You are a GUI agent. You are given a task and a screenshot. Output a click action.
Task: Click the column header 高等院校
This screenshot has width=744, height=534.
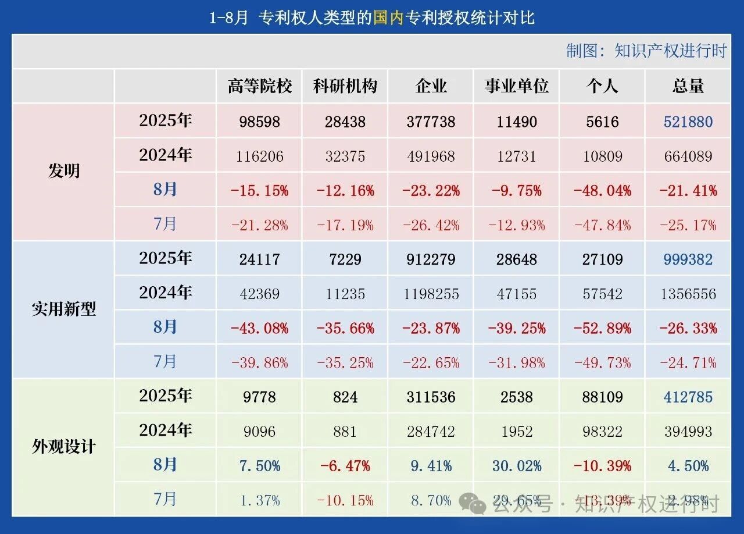pos(259,87)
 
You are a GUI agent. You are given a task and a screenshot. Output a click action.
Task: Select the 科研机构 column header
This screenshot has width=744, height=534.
pos(345,87)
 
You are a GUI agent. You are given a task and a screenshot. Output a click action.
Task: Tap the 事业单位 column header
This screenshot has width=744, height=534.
pos(517,87)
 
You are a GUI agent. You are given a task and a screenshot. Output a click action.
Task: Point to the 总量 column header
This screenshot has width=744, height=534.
pos(688,87)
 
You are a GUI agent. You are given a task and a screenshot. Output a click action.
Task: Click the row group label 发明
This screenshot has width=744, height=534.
pos(63,172)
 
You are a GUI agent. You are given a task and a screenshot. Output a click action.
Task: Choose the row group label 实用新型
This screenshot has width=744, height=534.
pos(63,309)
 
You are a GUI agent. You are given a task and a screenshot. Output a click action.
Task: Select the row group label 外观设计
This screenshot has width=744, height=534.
pos(63,447)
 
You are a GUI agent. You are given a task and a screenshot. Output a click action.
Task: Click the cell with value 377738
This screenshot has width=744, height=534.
pos(431,122)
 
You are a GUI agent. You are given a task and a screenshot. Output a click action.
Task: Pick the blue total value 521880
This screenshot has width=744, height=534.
pos(688,122)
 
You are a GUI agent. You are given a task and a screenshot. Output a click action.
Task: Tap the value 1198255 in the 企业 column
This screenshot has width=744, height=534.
pos(431,294)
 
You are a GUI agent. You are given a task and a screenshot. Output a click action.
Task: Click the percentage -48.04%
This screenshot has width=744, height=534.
pos(602,191)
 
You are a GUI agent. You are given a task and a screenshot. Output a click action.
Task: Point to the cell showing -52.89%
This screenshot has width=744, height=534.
pos(602,328)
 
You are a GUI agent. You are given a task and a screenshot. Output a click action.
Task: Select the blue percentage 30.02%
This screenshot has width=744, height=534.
pos(517,466)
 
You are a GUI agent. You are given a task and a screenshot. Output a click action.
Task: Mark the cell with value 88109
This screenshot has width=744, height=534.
pos(602,397)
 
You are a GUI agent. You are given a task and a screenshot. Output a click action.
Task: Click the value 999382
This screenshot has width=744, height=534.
pos(688,259)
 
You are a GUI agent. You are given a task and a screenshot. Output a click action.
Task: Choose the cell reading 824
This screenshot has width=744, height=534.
pos(345,397)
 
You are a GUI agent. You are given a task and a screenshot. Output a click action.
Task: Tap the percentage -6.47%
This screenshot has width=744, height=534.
pos(345,466)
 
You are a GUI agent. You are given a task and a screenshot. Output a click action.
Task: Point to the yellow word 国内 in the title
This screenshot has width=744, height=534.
pos(388,17)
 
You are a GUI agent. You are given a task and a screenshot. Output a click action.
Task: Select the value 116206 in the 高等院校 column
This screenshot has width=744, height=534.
pos(259,156)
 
